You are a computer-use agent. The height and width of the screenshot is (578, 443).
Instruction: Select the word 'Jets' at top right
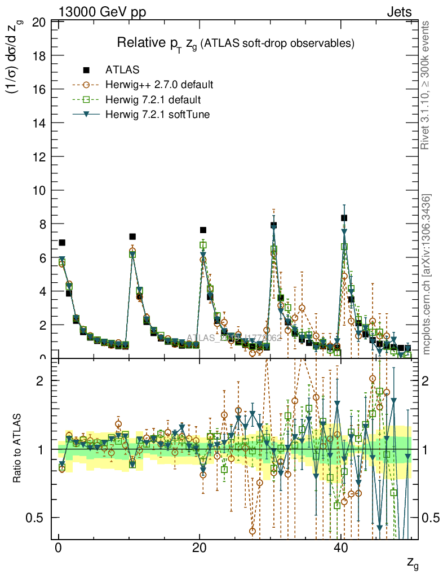[399, 12]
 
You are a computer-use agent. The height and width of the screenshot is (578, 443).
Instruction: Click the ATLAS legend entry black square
[86, 70]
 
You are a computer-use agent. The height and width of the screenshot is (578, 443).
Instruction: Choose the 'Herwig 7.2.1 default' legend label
[153, 100]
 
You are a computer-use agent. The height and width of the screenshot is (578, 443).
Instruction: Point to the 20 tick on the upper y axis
[39, 23]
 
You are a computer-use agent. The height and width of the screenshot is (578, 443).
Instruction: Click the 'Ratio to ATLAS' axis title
[17, 450]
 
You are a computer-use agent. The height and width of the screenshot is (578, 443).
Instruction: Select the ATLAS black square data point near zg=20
[203, 230]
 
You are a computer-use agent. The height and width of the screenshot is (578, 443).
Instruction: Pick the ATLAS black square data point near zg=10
[132, 237]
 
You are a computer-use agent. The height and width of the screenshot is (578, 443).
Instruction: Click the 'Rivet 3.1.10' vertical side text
[426, 85]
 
